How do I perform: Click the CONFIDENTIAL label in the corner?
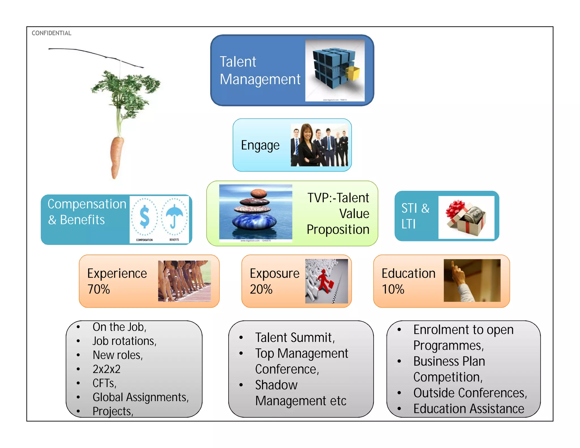pyautogui.click(x=51, y=33)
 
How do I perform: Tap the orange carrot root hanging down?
pyautogui.click(x=116, y=156)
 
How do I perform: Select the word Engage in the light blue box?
pyautogui.click(x=260, y=146)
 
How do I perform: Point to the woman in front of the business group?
pyautogui.click(x=307, y=146)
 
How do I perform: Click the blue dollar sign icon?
pyautogui.click(x=144, y=217)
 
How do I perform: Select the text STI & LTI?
pyautogui.click(x=415, y=216)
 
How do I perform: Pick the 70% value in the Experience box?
pyautogui.click(x=99, y=289)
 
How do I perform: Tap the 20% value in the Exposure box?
pyautogui.click(x=261, y=289)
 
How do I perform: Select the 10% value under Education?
pyautogui.click(x=393, y=289)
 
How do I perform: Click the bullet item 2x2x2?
pyautogui.click(x=106, y=369)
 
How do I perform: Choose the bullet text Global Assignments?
pyautogui.click(x=140, y=397)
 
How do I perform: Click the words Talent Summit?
pyautogui.click(x=295, y=338)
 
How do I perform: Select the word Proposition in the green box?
pyautogui.click(x=338, y=229)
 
